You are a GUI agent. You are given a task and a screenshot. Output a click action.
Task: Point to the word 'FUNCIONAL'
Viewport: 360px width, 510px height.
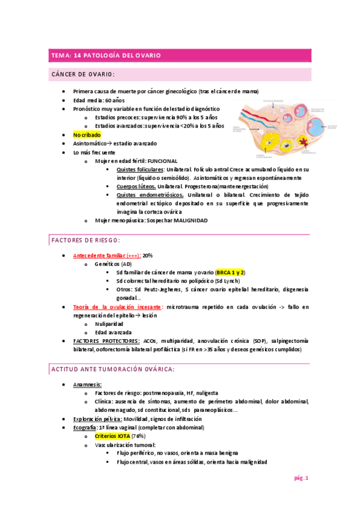tap(162, 161)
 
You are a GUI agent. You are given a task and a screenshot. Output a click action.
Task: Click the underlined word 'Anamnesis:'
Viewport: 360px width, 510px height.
tap(87, 384)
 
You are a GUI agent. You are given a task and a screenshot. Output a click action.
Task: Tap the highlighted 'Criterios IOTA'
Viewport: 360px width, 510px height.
tap(112, 435)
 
